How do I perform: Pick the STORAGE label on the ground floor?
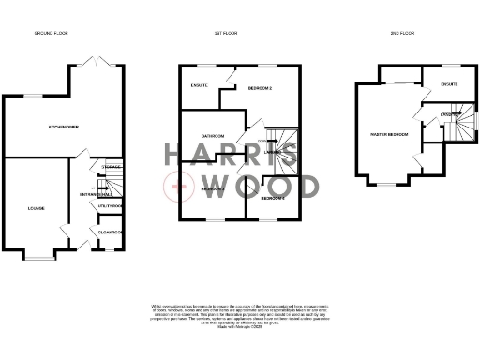(x=112, y=166)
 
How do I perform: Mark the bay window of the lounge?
(x=40, y=255)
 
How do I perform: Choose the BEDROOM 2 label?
(x=259, y=88)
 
